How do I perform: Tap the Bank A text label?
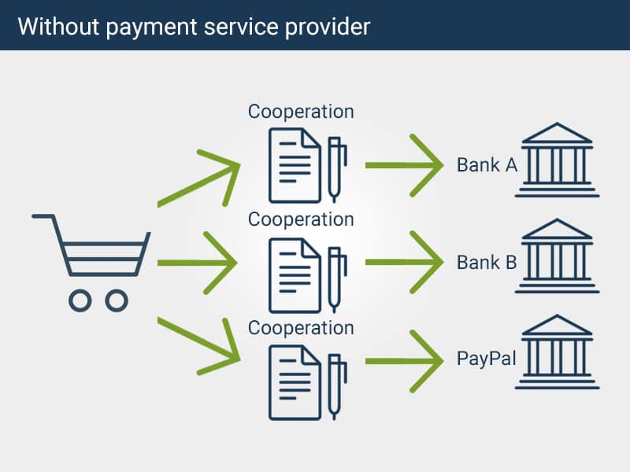click(x=487, y=165)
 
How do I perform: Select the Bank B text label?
click(x=487, y=262)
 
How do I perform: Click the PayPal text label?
click(x=487, y=359)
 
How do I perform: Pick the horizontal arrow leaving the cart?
click(x=197, y=262)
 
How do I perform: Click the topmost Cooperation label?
click(x=301, y=112)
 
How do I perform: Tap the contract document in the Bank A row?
click(x=295, y=165)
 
